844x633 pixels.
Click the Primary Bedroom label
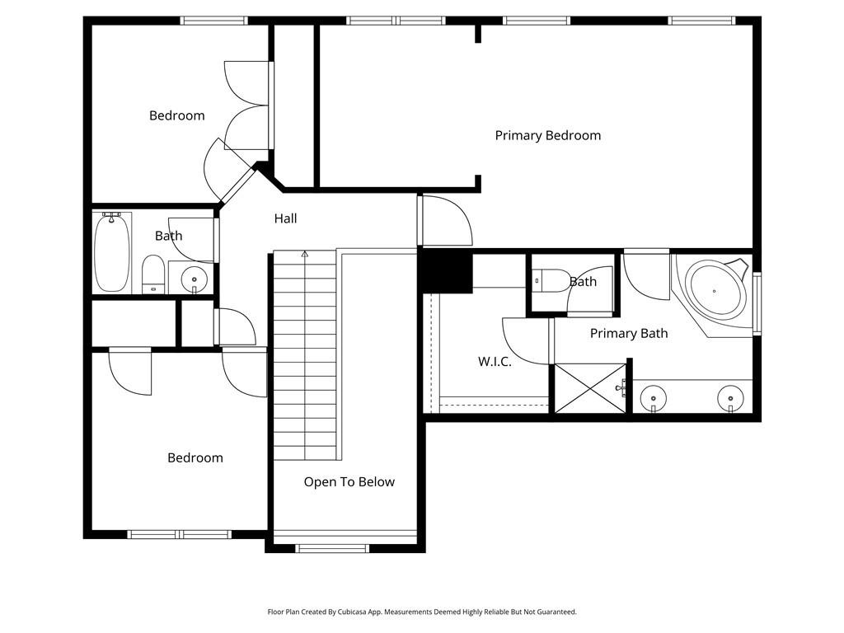pyautogui.click(x=548, y=136)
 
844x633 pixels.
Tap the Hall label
pyautogui.click(x=285, y=218)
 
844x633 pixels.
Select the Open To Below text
pyautogui.click(x=349, y=482)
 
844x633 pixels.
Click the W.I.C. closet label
pyautogui.click(x=495, y=362)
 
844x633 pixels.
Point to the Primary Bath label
pyautogui.click(x=629, y=334)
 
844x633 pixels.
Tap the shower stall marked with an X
pyautogui.click(x=590, y=389)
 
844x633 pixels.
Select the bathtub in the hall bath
pyautogui.click(x=112, y=252)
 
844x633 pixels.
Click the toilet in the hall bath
pyautogui.click(x=152, y=274)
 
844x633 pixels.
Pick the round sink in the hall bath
pyautogui.click(x=194, y=279)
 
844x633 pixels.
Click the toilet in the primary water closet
pyautogui.click(x=551, y=280)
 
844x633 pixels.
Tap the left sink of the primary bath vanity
pyautogui.click(x=654, y=399)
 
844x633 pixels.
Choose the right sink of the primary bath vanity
pyautogui.click(x=730, y=399)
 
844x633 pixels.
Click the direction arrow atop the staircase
pyautogui.click(x=305, y=254)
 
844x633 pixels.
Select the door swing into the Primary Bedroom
pyautogui.click(x=445, y=221)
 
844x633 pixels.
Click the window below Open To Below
pyautogui.click(x=332, y=548)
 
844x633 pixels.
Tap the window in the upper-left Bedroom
pyautogui.click(x=213, y=21)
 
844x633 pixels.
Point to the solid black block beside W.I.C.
pyautogui.click(x=446, y=271)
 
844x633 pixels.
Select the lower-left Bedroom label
pyautogui.click(x=195, y=458)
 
